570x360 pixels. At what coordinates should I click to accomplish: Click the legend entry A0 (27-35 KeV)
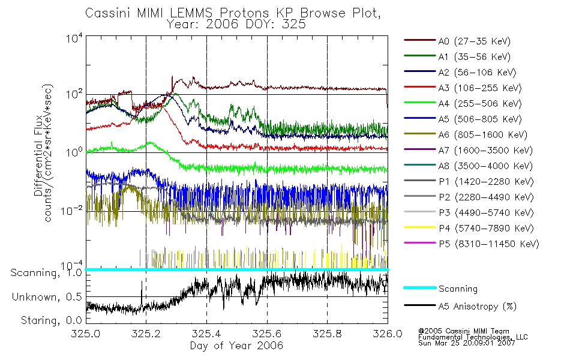[473, 41]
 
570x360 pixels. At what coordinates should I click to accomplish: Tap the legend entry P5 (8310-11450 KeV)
[488, 244]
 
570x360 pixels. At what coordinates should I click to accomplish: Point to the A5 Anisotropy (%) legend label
[477, 307]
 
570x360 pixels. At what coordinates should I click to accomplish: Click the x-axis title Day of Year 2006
[236, 346]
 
